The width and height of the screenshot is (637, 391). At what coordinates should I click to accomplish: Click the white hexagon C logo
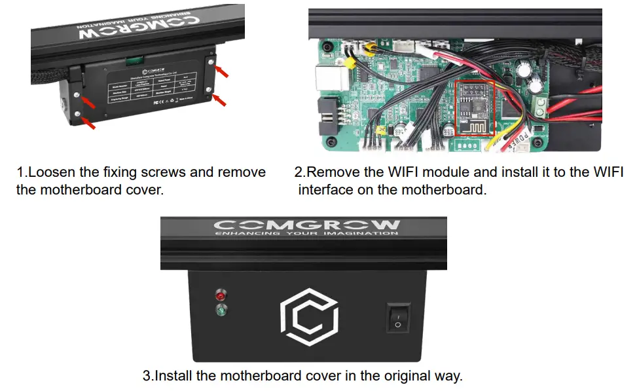pos(308,318)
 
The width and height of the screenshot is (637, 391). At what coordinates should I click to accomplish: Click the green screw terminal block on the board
pos(540,107)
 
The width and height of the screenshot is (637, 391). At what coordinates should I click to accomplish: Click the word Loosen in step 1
pos(50,173)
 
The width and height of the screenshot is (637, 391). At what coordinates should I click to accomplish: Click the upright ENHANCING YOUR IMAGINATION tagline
pos(306,233)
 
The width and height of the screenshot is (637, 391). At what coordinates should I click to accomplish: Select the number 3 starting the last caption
pos(147,377)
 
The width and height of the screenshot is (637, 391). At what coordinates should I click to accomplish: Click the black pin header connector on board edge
pos(325,116)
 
